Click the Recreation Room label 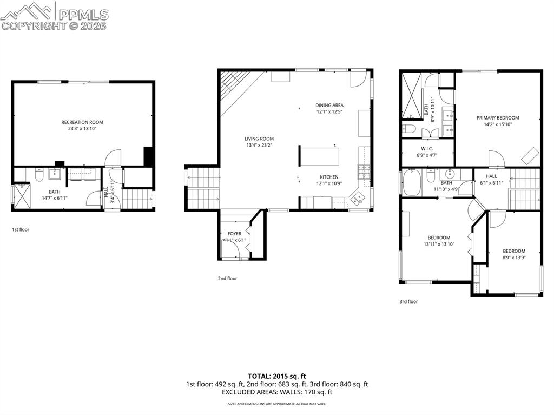coord(82,122)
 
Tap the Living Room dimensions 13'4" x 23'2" coord(259,145)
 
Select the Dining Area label coord(329,105)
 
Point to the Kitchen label coord(329,177)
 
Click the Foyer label coord(234,234)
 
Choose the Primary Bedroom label coord(497,117)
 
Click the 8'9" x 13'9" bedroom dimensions coord(514,258)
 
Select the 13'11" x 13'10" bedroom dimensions coord(439,244)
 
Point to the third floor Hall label coord(491,176)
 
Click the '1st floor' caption coord(21,229)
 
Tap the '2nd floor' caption coord(227,279)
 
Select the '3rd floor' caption coord(408,301)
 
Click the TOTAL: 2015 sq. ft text coord(277,376)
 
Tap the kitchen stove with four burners coord(363,173)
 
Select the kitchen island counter coord(320,156)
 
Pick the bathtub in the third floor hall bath coord(412,182)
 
